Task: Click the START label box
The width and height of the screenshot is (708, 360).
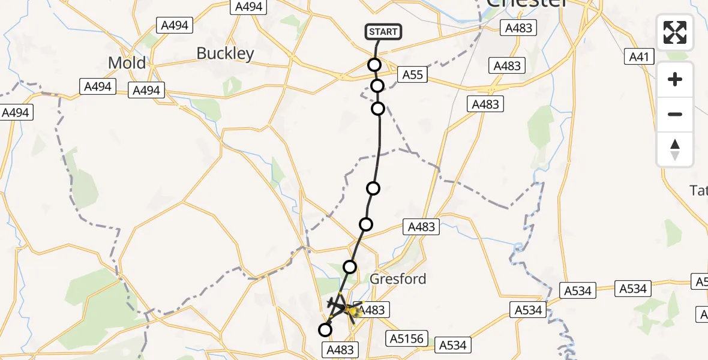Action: [x=383, y=32]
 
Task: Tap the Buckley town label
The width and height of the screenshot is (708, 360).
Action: [x=225, y=53]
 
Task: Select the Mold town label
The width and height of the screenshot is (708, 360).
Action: [x=127, y=62]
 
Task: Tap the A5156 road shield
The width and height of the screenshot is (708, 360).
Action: [x=406, y=338]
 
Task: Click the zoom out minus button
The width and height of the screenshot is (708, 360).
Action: [x=675, y=114]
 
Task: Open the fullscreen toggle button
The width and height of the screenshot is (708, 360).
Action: [x=675, y=32]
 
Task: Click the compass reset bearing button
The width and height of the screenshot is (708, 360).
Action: [x=675, y=149]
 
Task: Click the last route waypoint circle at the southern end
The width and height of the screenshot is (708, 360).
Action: [x=325, y=329]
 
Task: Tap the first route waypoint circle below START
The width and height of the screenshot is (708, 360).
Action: [x=374, y=65]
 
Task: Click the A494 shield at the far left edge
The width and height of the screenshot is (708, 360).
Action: [x=16, y=112]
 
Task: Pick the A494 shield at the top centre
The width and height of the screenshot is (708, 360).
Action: [x=248, y=7]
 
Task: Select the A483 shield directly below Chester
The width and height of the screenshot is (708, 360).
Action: [x=519, y=28]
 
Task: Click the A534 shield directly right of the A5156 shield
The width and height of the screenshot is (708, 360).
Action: [x=453, y=345]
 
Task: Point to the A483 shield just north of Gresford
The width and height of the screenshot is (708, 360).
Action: [x=422, y=227]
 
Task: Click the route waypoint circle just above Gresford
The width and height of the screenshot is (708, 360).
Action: [x=349, y=266]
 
